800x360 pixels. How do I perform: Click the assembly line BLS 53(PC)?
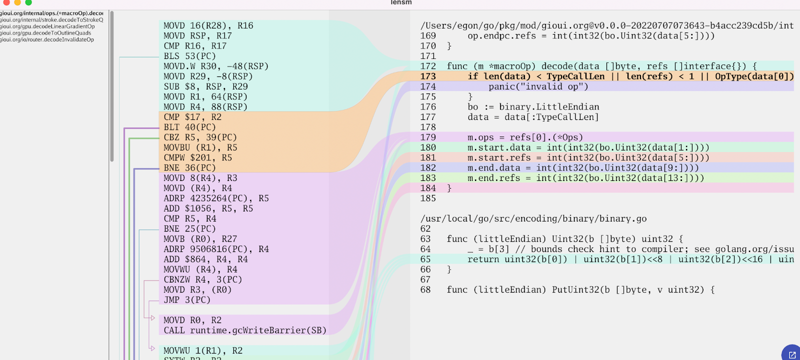[x=189, y=56]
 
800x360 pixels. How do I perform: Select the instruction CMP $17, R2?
[x=192, y=117]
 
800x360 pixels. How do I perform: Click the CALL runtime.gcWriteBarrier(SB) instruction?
[x=245, y=330]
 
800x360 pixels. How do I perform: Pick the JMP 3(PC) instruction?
[x=187, y=300]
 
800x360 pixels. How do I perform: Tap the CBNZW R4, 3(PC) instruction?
[x=202, y=279]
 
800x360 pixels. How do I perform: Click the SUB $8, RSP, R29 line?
[x=205, y=86]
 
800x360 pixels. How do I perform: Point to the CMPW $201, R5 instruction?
[x=197, y=157]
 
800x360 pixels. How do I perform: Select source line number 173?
[x=428, y=76]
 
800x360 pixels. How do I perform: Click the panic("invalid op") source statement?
[x=538, y=86]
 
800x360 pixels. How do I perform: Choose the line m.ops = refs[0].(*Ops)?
[x=525, y=137]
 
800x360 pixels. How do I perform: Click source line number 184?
[x=428, y=188]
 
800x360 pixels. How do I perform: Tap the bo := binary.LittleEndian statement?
[x=533, y=107]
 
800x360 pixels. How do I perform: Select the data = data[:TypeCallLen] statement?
[x=533, y=117]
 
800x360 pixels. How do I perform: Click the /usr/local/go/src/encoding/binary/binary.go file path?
[x=533, y=218]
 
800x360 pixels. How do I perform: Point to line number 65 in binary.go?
[x=425, y=259]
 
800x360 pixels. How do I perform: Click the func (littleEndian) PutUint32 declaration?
[x=580, y=290]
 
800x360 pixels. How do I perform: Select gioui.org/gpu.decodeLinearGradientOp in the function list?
[x=47, y=26]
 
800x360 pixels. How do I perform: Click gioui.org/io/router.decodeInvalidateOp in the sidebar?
[x=47, y=39]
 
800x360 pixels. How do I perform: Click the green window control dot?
[x=28, y=2]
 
